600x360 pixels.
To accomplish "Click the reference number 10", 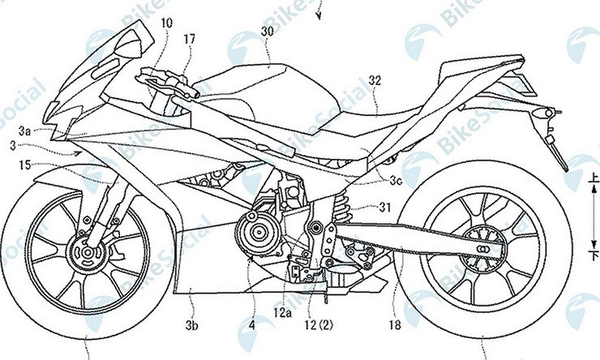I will (167, 24).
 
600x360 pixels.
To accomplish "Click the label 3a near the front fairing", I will (23, 132).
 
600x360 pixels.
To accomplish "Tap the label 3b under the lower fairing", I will (192, 324).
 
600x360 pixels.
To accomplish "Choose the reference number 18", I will (396, 324).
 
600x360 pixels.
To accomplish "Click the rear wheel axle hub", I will (482, 248).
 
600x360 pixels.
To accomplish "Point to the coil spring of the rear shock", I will (343, 206).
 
